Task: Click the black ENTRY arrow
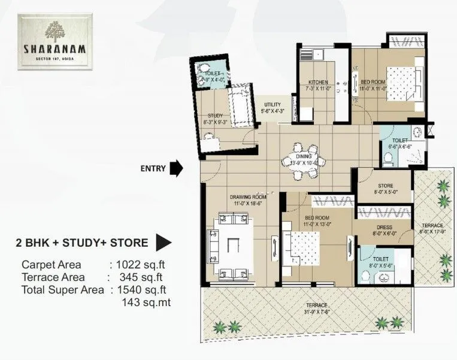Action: click(176, 168)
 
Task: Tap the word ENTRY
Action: click(153, 168)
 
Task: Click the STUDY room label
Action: click(215, 115)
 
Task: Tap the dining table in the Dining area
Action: click(304, 164)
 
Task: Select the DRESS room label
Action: click(385, 227)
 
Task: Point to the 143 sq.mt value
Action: click(146, 302)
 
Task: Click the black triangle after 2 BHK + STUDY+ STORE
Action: click(164, 243)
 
